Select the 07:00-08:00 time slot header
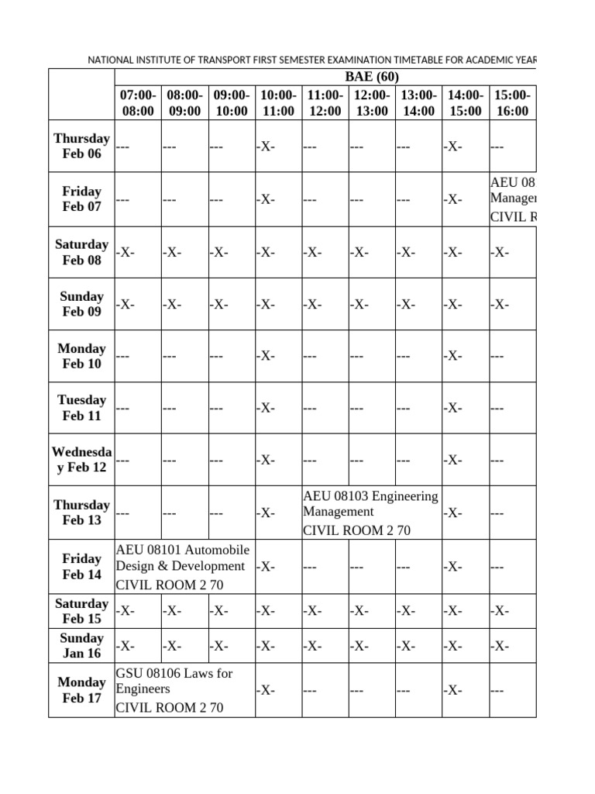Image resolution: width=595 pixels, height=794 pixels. point(138,102)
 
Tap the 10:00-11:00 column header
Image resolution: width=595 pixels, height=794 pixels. point(278,102)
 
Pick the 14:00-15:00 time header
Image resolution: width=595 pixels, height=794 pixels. point(465,102)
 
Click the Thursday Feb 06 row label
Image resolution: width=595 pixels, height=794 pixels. point(81,146)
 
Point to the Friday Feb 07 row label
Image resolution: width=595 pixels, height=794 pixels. point(81,198)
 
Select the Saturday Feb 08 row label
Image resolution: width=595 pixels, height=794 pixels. point(81,252)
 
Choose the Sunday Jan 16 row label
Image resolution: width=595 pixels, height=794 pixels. point(81,645)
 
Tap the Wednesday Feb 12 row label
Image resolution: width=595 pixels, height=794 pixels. point(81,459)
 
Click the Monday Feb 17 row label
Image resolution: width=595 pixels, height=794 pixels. point(81,689)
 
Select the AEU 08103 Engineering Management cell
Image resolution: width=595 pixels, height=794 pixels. point(370,513)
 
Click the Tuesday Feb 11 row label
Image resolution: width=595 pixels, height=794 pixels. point(81,408)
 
